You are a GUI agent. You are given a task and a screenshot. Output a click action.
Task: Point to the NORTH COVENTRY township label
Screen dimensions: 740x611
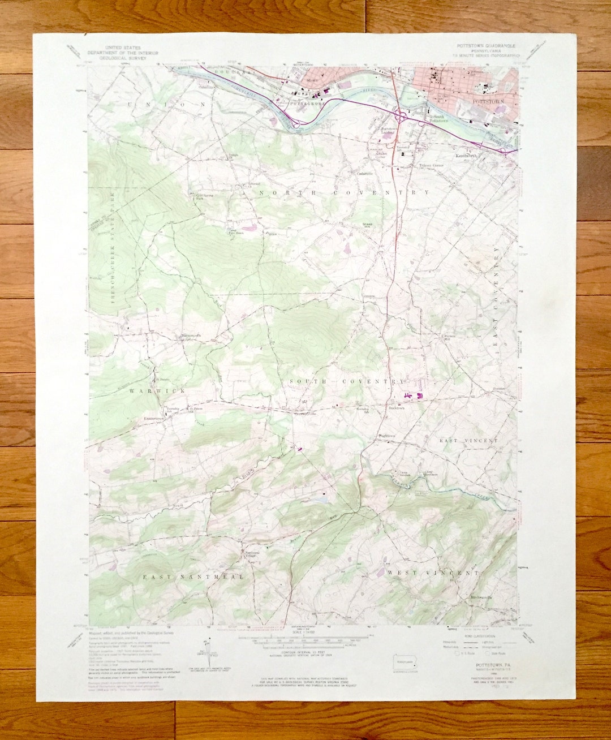click(344, 193)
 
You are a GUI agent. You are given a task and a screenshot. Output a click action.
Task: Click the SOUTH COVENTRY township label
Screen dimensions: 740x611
click(347, 382)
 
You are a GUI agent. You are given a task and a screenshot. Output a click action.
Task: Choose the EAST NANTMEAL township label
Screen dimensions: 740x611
click(193, 576)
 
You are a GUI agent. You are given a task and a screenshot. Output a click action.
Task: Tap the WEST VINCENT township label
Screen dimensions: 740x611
click(433, 573)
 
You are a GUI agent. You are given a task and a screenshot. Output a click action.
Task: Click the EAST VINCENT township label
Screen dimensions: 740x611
click(469, 440)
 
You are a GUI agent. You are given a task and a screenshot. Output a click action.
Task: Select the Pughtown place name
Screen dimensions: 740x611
click(387, 436)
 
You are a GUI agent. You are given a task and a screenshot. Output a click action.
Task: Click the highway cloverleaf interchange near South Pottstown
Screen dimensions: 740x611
click(401, 117)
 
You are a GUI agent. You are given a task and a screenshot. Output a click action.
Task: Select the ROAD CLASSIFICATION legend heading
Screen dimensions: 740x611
click(472, 636)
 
